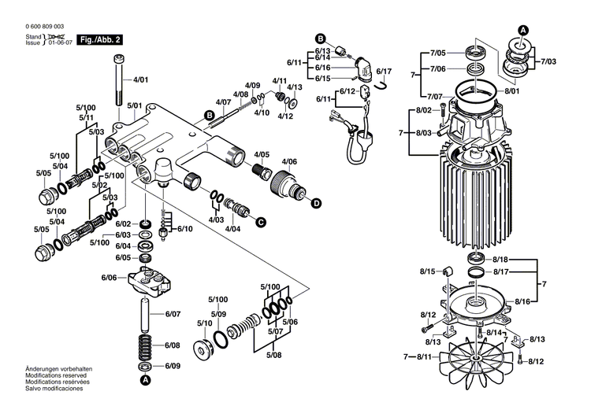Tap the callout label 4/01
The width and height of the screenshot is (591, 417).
[140, 79]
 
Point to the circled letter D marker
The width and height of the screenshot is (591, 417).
[316, 203]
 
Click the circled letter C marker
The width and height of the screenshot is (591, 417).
[259, 223]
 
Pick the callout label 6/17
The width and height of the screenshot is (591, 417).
[384, 72]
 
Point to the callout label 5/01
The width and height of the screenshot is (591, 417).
[135, 105]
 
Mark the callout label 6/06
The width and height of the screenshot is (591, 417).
[109, 278]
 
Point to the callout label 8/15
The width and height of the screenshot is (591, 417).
[426, 271]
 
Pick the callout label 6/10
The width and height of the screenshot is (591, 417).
[184, 228]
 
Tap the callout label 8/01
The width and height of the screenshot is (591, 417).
[513, 91]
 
